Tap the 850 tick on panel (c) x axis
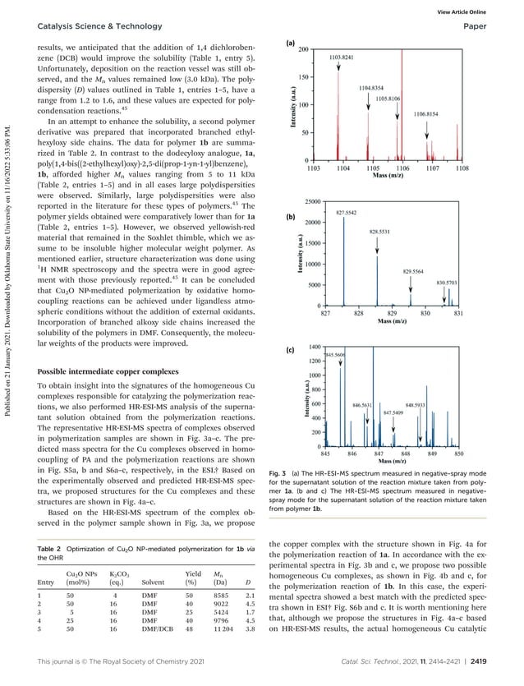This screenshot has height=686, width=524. point(458,453)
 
